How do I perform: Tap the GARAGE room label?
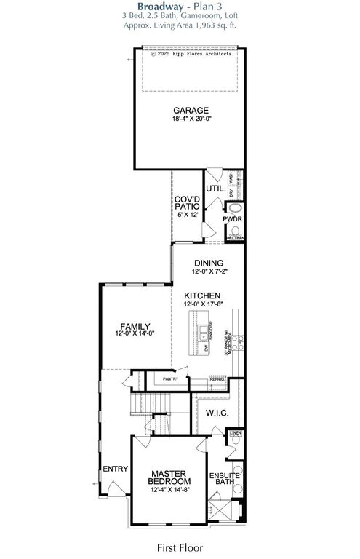[x=191, y=111]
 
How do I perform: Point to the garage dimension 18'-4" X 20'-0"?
[x=191, y=120]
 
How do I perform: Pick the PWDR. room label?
[x=233, y=218]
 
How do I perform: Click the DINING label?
[x=208, y=263]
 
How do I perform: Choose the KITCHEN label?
[x=207, y=296]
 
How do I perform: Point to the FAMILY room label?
[x=135, y=326]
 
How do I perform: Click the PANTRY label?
[x=171, y=378]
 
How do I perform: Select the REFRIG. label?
[x=217, y=379]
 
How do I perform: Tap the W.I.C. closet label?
[x=217, y=413]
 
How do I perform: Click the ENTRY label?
[x=114, y=468]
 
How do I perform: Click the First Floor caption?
[x=180, y=546]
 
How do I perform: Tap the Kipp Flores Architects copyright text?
[x=191, y=54]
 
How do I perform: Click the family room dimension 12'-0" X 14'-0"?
[x=135, y=334]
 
